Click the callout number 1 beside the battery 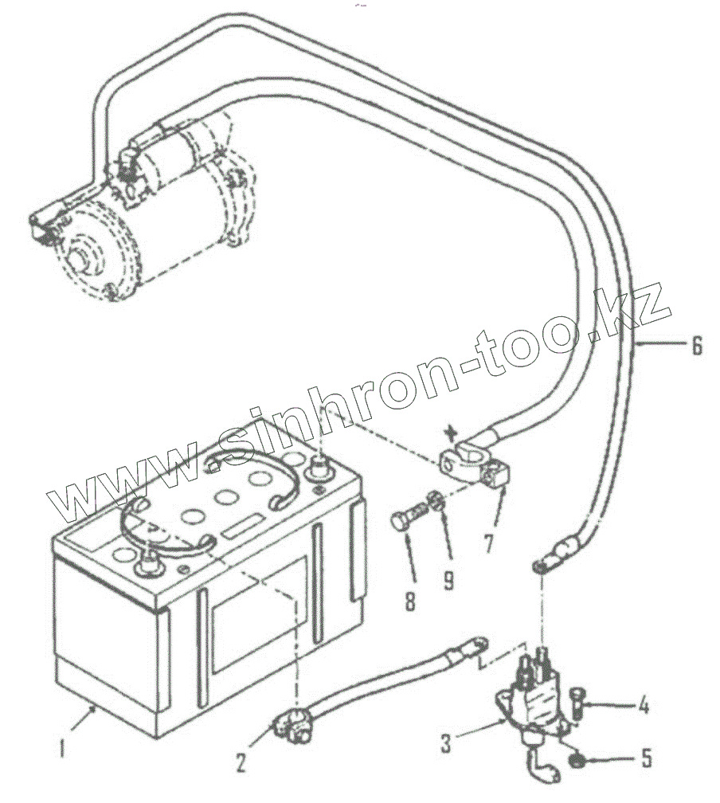coord(62,748)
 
